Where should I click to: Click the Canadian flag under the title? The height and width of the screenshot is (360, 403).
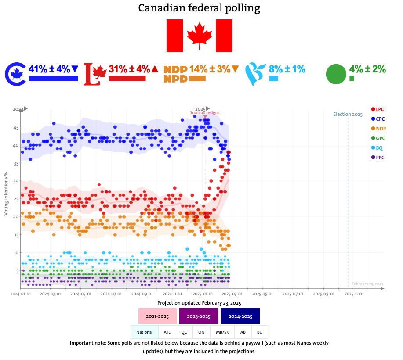tap(199, 36)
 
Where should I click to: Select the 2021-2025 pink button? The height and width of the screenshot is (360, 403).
tap(157, 316)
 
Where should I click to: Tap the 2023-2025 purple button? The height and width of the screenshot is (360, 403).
tap(199, 316)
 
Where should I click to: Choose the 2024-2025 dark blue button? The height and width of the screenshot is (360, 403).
tap(240, 316)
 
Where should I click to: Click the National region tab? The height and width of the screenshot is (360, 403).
tap(145, 332)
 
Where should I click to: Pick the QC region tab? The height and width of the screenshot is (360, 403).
tap(184, 332)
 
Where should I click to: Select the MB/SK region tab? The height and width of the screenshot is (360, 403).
tap(222, 332)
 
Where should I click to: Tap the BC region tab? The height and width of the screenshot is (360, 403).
tap(259, 332)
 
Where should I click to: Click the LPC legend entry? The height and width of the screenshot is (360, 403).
tap(378, 109)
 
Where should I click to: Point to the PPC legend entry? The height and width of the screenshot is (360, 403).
tap(378, 157)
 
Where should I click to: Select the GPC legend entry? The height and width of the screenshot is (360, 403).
tap(378, 138)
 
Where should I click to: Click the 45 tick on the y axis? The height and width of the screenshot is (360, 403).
tap(15, 128)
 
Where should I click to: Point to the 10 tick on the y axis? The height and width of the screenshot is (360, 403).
tap(15, 253)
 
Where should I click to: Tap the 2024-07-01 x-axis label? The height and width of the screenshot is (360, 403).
tap(112, 294)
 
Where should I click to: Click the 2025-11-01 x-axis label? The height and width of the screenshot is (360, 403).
tap(354, 294)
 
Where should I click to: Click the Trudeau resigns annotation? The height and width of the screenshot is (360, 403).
tap(205, 113)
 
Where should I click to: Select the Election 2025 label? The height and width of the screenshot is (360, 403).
tap(348, 115)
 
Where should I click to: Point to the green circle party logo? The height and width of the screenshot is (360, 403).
tap(336, 74)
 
